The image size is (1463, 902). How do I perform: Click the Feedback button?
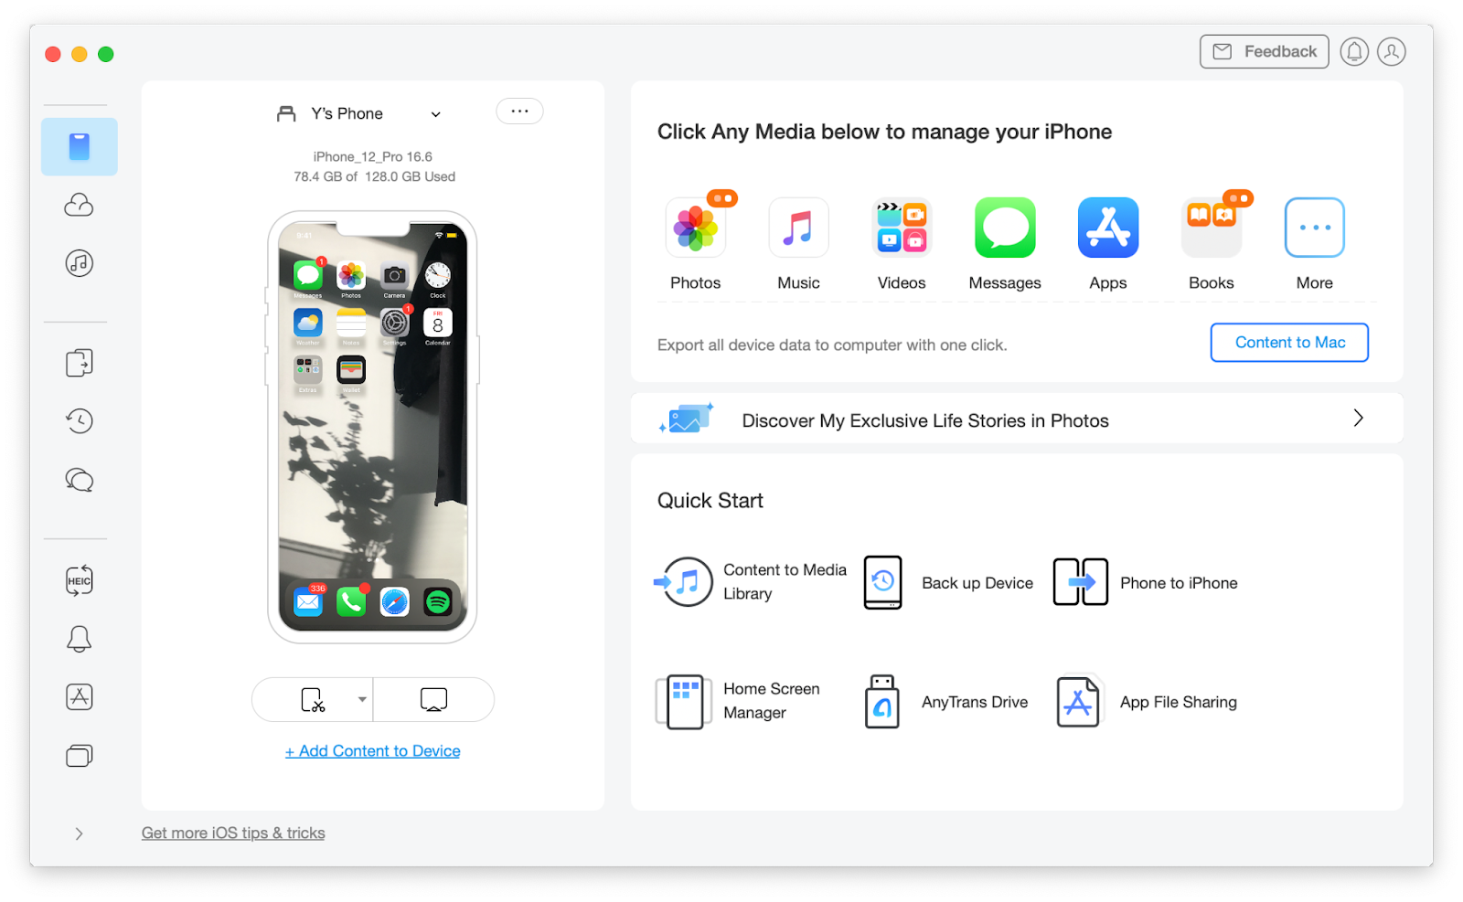1264,52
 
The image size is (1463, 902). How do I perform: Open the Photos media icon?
696,228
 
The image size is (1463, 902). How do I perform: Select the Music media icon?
798,228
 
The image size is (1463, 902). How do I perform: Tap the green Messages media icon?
1005,228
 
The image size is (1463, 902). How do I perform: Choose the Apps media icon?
1108,228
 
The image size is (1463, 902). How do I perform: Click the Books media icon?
1212,228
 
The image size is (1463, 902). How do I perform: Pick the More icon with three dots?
1314,228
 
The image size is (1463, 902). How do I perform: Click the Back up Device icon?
883,582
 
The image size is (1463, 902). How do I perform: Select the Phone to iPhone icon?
1081,582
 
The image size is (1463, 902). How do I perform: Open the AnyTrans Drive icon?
882,702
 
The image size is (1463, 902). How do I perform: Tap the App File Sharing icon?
1078,702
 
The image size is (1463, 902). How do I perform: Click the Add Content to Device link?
373,751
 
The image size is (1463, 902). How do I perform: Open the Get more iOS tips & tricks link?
233,833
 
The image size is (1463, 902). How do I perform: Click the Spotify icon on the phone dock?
438,601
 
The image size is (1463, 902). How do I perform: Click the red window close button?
53,55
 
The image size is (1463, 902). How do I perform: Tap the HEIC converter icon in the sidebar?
80,580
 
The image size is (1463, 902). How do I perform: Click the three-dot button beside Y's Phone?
519,111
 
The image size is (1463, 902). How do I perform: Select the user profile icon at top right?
1392,52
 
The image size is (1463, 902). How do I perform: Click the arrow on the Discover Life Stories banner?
1358,419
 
